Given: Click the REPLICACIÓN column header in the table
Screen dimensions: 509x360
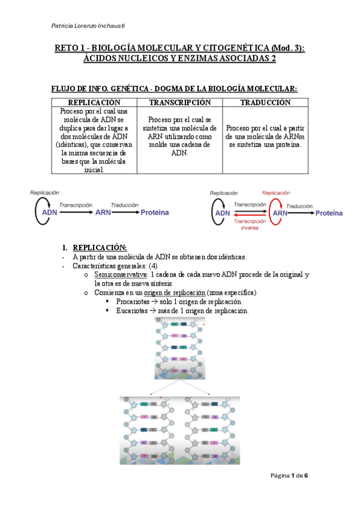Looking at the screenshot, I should [94, 103].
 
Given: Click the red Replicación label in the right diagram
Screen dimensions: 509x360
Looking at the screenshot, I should [276, 193].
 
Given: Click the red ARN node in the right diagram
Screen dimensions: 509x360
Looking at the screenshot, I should [280, 213].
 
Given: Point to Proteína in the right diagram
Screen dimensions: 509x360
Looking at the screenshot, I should [329, 213].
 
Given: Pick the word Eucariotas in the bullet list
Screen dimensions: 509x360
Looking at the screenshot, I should [133, 311].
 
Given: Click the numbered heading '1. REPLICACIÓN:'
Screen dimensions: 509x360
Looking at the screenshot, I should [96, 247].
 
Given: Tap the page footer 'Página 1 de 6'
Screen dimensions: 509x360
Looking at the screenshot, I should [289, 476].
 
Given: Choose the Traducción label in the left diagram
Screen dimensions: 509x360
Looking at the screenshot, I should [125, 205].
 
